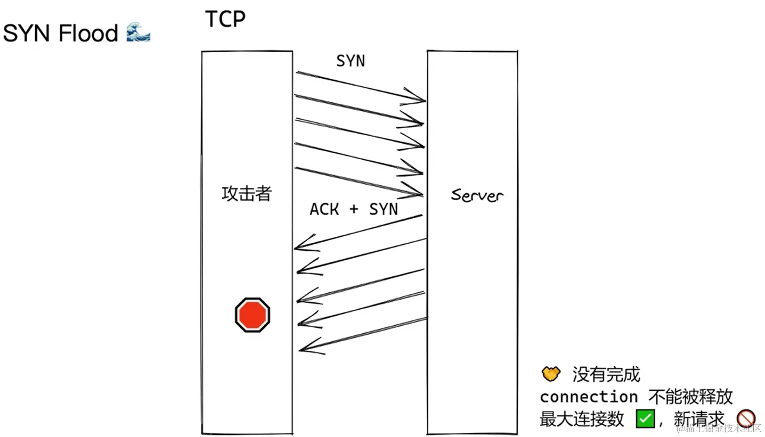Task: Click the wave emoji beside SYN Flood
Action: [139, 33]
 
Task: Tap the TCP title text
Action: [225, 19]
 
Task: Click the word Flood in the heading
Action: [88, 34]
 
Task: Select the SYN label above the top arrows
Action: [351, 61]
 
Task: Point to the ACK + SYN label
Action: [354, 209]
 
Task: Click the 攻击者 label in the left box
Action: [246, 194]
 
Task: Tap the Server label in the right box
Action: [477, 195]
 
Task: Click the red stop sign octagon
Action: [253, 315]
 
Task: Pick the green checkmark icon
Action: [645, 418]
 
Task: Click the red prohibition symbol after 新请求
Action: [746, 418]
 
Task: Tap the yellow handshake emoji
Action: [551, 374]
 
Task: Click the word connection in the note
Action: [588, 397]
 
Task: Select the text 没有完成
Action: [606, 374]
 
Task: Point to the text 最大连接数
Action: [581, 419]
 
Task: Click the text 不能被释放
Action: [690, 397]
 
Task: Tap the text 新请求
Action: [699, 419]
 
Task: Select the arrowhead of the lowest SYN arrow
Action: [419, 194]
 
